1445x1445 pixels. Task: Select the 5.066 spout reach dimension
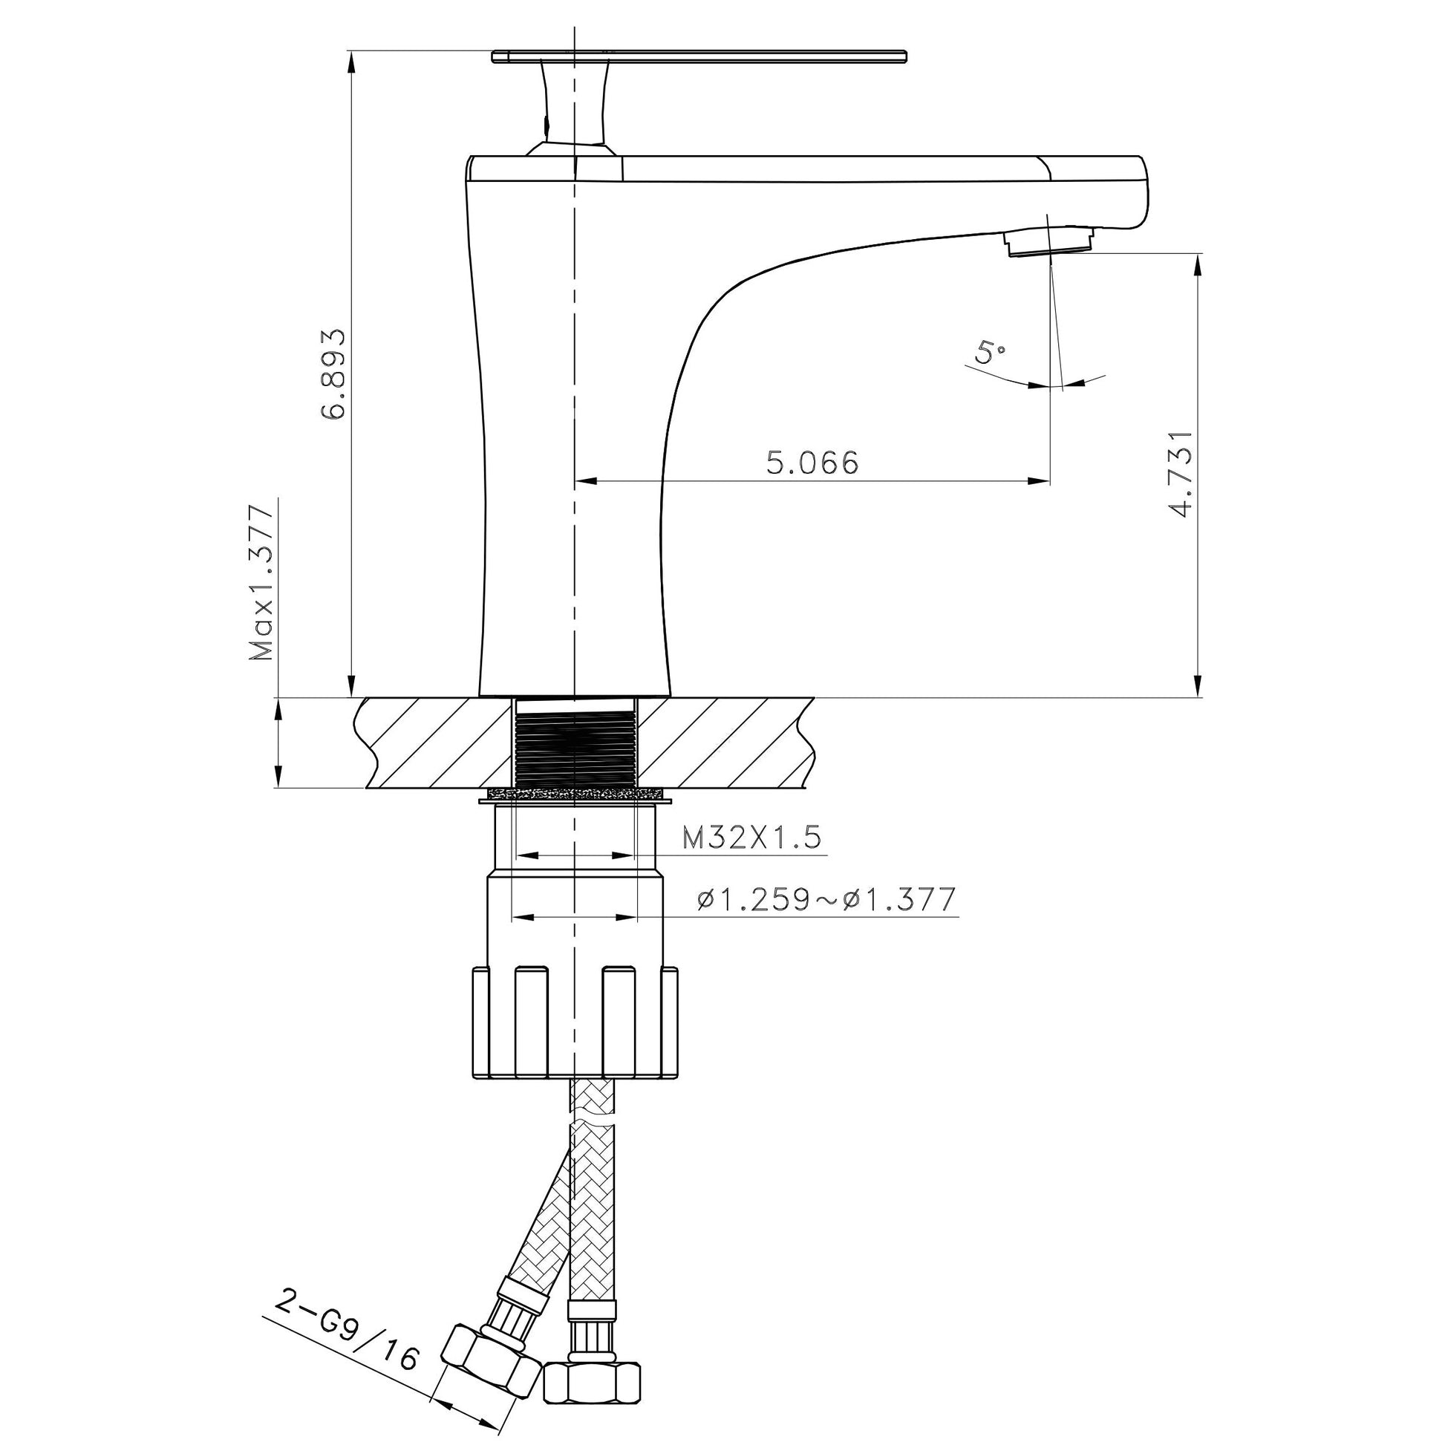(x=812, y=463)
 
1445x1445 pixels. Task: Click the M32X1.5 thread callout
(x=751, y=838)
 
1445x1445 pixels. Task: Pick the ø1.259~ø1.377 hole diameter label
(x=826, y=899)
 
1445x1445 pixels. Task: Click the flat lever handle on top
(x=699, y=56)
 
